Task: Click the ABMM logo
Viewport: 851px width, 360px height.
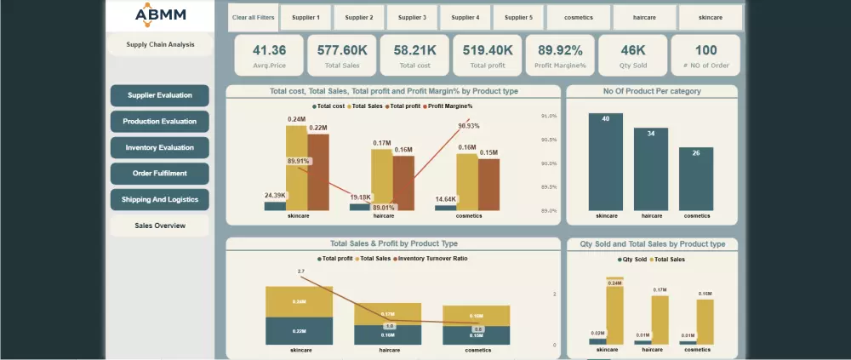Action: (160, 15)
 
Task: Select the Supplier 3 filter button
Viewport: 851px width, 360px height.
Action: (412, 17)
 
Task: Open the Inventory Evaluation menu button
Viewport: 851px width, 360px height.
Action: (160, 148)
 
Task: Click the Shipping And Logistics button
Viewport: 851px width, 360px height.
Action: (160, 200)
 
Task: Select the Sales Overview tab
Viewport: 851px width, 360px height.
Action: (160, 226)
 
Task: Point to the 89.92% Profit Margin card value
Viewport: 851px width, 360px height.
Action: (560, 50)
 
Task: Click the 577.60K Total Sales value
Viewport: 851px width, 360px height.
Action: (342, 50)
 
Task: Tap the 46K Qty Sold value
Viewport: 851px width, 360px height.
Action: (632, 50)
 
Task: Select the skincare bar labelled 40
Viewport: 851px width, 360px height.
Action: (605, 162)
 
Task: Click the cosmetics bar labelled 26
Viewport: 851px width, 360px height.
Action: (696, 179)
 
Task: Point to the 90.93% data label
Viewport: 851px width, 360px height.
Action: (468, 126)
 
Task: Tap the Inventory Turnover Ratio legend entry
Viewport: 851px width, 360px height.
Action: (433, 258)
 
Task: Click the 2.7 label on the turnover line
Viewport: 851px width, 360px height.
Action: (300, 271)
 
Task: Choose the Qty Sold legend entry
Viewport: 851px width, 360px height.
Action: (634, 259)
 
